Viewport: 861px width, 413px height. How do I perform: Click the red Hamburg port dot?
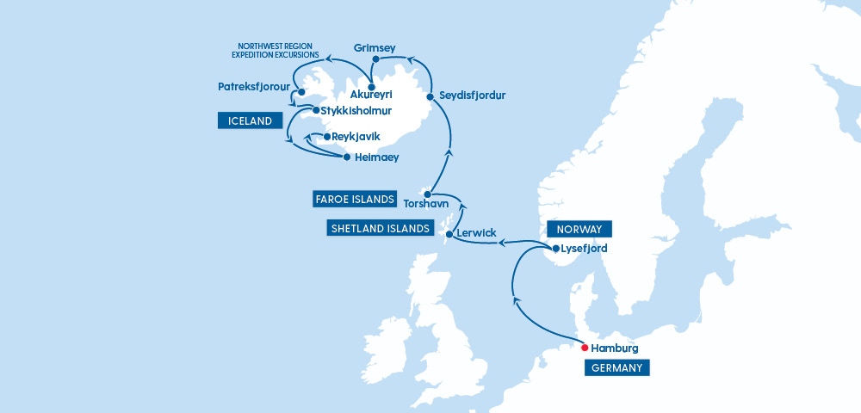tap(585, 348)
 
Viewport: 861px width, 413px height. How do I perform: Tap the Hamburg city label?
tap(615, 348)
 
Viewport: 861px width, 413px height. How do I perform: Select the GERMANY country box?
tap(616, 368)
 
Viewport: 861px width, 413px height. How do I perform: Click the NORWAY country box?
tap(579, 229)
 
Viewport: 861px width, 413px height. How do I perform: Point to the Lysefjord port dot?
tap(555, 249)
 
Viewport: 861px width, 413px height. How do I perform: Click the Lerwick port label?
tap(479, 234)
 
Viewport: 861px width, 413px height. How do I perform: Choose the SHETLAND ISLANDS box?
tap(380, 228)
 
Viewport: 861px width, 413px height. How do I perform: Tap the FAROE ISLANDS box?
tap(354, 200)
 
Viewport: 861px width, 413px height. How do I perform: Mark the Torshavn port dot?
tap(427, 194)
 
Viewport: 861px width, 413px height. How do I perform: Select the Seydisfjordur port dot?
tap(430, 97)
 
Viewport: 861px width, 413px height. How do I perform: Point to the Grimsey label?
tap(374, 48)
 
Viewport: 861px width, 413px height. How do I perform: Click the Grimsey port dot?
tap(375, 60)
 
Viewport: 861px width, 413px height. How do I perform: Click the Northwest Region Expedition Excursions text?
tap(276, 51)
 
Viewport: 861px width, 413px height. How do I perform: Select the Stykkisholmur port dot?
tap(316, 111)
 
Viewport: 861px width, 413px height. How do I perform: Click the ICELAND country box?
tap(251, 121)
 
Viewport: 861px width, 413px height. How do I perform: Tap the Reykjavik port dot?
tap(326, 137)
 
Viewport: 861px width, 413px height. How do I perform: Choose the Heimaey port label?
tap(378, 157)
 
